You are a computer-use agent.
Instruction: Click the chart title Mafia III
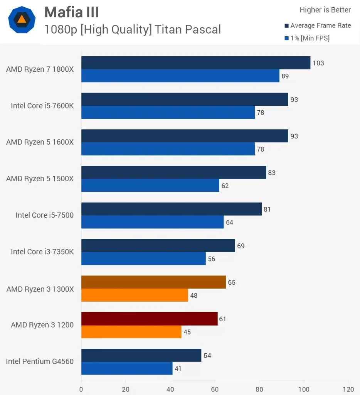click(x=72, y=12)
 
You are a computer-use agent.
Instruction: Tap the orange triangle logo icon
click(x=22, y=19)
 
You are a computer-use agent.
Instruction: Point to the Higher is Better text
click(x=325, y=10)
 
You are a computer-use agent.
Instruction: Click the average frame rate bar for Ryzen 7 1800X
click(x=195, y=63)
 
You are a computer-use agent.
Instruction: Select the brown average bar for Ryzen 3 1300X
click(x=153, y=282)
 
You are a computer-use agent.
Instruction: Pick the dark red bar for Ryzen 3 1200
click(x=149, y=319)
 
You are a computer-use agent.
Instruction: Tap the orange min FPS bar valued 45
click(x=131, y=332)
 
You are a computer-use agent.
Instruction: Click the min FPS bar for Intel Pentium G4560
click(x=127, y=368)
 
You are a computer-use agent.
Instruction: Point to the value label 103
click(x=318, y=63)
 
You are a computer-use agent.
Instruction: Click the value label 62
click(x=225, y=186)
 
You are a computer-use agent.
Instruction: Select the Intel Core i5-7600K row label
click(x=42, y=106)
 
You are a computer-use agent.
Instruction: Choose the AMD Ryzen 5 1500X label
click(x=40, y=179)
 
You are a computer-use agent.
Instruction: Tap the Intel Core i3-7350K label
click(x=42, y=252)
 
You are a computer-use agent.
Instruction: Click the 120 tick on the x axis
click(x=348, y=389)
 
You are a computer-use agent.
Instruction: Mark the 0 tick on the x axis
click(x=81, y=389)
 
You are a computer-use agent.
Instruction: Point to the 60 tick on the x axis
click(x=215, y=389)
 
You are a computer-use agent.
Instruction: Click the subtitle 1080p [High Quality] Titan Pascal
click(x=133, y=29)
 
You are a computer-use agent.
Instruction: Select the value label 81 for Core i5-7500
click(x=267, y=209)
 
